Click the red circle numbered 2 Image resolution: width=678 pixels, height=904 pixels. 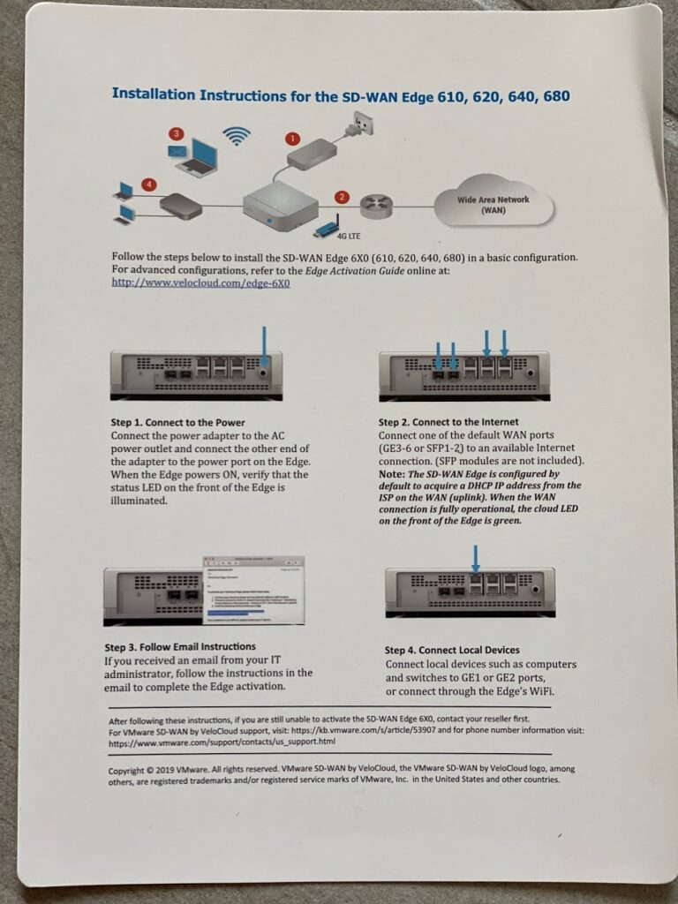(342, 197)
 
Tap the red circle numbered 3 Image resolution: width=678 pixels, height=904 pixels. (176, 134)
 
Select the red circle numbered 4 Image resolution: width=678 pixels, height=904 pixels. (149, 185)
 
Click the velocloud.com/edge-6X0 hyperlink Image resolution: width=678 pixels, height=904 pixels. (200, 282)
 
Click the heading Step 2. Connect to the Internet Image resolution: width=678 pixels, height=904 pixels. (448, 422)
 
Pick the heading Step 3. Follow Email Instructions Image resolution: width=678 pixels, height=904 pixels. (180, 647)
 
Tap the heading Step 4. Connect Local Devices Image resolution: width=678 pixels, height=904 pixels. (452, 651)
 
